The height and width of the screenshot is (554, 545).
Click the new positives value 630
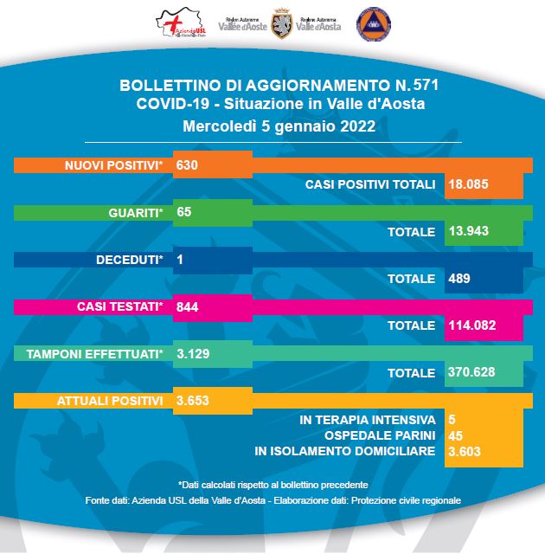(x=187, y=164)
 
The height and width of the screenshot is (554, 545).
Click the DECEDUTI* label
(x=130, y=259)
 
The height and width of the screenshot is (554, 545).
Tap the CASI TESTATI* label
(x=120, y=306)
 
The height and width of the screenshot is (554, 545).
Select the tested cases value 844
(x=188, y=306)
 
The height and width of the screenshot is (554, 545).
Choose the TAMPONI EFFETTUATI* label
(x=95, y=354)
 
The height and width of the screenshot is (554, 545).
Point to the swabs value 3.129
(x=193, y=354)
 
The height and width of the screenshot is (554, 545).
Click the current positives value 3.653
(x=193, y=401)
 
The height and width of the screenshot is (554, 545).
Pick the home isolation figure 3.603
(x=465, y=451)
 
